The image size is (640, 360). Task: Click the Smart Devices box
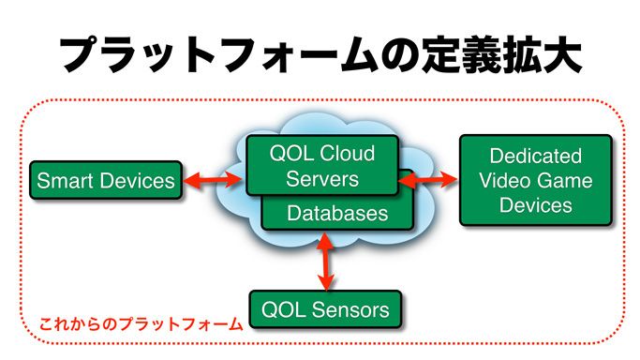pos(105,180)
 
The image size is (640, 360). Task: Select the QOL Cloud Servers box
pos(322,165)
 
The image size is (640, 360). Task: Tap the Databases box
pos(337,214)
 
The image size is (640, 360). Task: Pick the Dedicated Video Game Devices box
pos(535,180)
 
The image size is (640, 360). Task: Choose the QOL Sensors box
pos(325,307)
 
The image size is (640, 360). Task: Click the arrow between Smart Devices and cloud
pos(214,180)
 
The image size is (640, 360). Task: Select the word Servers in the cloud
pos(322,178)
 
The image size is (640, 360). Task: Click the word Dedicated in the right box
pos(535,156)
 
